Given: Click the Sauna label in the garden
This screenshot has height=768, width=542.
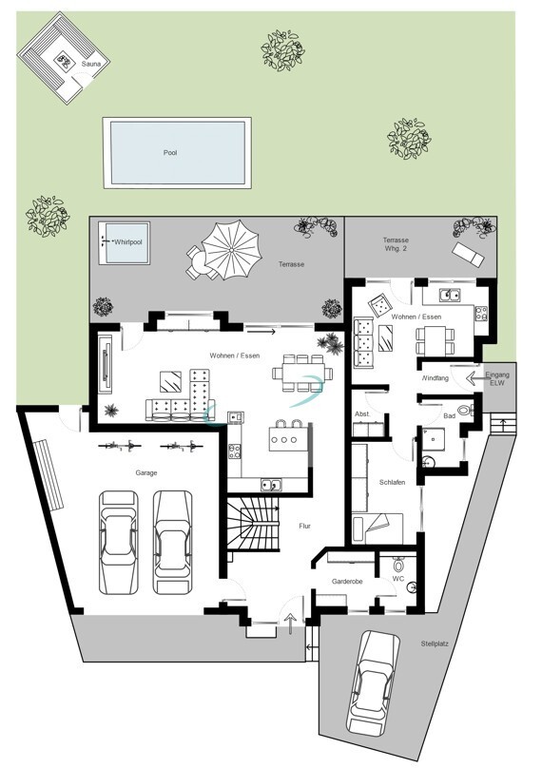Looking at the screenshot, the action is [91, 65].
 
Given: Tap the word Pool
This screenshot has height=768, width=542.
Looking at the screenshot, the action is [170, 153].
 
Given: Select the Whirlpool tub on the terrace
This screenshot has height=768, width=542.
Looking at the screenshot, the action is [124, 242].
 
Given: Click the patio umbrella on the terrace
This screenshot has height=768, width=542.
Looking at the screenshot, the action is [230, 249].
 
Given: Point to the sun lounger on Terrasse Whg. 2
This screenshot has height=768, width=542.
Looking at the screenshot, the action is [468, 255].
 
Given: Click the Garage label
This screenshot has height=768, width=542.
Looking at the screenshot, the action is [146, 473].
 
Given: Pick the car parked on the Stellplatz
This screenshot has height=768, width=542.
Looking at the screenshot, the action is [373, 682].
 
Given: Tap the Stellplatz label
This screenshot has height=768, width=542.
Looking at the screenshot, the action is [435, 644].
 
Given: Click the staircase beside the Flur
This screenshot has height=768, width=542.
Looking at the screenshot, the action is [253, 523].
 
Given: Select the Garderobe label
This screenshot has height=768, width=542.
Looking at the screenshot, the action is [347, 582].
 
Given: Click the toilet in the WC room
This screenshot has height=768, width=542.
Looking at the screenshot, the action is [397, 565].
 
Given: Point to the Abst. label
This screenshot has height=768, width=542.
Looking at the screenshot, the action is [362, 413].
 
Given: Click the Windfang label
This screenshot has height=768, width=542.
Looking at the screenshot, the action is [436, 378].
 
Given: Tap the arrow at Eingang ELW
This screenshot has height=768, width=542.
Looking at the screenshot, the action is [474, 378].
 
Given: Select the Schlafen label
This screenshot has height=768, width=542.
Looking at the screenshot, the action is [392, 483].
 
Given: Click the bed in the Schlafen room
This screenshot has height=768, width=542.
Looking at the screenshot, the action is [377, 528].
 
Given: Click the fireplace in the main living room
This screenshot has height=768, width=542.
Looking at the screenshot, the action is [106, 362].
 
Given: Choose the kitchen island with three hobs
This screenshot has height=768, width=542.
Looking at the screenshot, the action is [290, 439].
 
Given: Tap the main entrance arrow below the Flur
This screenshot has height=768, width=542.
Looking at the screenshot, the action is [291, 622].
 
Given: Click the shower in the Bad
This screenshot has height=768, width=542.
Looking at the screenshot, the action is [434, 439].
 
